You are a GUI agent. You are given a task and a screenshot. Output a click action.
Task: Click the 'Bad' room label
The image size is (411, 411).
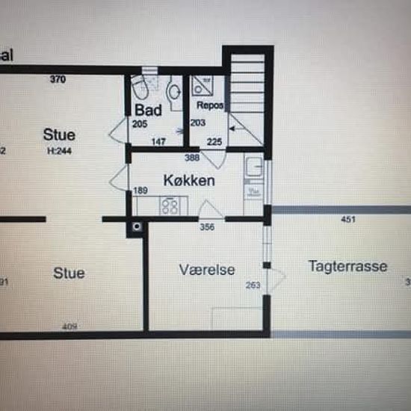[149, 110]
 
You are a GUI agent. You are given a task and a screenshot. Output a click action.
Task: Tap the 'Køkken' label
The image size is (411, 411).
[189, 181]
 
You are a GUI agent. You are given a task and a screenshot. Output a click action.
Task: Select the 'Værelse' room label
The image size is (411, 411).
[207, 270]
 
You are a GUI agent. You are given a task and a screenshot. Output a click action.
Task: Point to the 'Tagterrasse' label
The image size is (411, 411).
[347, 267]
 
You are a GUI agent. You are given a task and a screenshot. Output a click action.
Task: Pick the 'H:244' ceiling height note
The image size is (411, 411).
[58, 150]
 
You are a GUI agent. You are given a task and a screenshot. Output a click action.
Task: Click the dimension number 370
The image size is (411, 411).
[58, 78]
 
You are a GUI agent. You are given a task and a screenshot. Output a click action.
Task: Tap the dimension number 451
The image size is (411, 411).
[348, 220]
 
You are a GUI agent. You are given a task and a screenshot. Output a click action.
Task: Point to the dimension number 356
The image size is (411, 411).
[208, 228]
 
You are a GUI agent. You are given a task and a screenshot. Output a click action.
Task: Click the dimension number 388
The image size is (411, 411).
[191, 158]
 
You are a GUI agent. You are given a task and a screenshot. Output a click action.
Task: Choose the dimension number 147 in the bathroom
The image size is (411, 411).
[158, 141]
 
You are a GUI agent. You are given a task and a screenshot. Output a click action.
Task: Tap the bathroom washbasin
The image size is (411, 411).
[175, 92]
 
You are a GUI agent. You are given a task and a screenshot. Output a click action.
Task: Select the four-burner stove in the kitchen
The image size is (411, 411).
[170, 205]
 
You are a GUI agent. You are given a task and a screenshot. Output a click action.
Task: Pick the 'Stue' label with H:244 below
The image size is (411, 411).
[58, 135]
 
